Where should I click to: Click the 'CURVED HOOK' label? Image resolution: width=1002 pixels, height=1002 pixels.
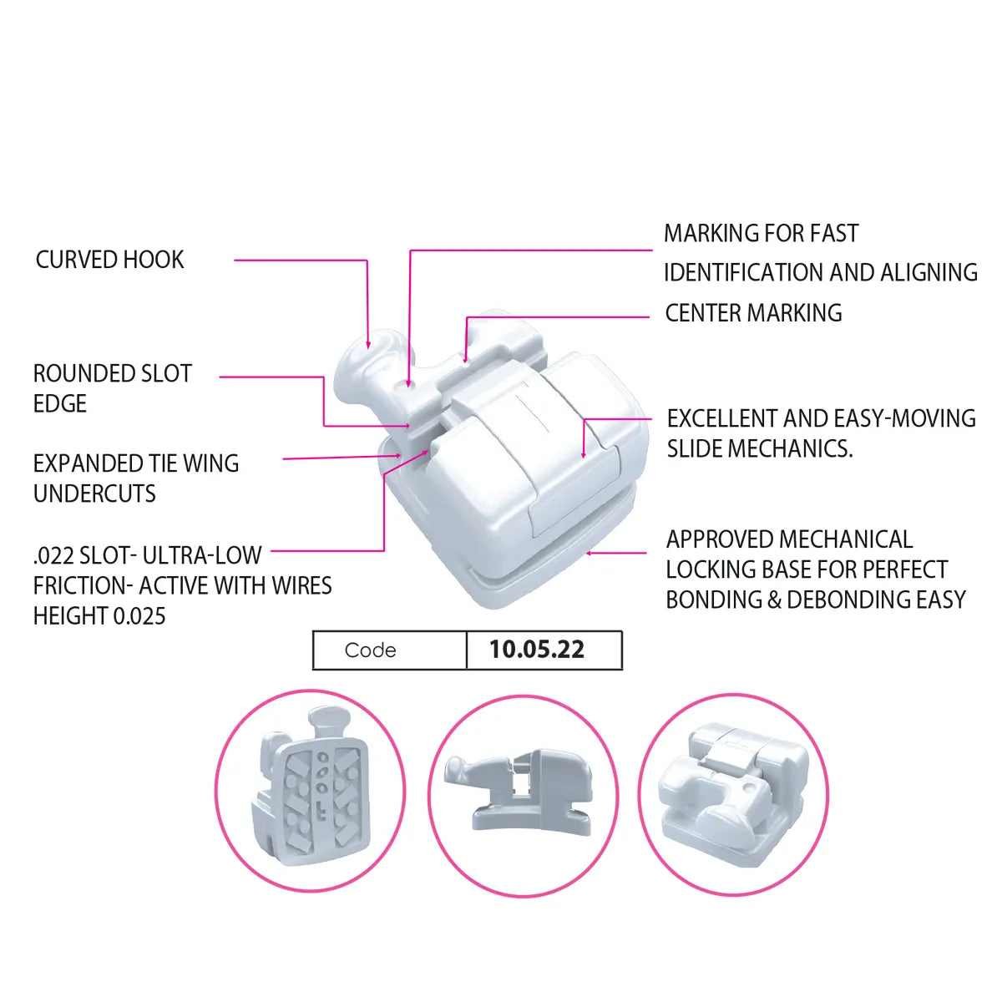(109, 260)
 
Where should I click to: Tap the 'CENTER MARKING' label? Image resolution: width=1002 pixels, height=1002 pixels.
(753, 313)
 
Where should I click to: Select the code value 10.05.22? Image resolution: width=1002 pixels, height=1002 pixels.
(537, 650)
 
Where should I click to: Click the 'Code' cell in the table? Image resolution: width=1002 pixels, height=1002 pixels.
(371, 650)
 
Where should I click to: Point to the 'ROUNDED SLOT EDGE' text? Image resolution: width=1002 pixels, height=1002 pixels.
(112, 388)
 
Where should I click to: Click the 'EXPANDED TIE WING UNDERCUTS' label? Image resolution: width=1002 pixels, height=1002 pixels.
(135, 478)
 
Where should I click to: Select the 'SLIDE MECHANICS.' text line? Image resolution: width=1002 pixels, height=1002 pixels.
(760, 448)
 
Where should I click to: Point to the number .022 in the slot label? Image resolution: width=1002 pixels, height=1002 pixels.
(52, 555)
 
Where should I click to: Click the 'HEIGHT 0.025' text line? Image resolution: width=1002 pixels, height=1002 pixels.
(99, 616)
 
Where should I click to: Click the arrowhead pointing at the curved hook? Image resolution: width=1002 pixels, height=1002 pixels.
(367, 343)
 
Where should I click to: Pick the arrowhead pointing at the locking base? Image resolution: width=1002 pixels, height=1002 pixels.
(590, 552)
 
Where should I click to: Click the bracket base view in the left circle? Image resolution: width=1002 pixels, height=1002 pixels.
(310, 789)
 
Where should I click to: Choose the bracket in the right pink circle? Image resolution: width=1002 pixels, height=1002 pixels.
(733, 789)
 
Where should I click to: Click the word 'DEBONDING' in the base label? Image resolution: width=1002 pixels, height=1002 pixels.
(844, 600)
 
